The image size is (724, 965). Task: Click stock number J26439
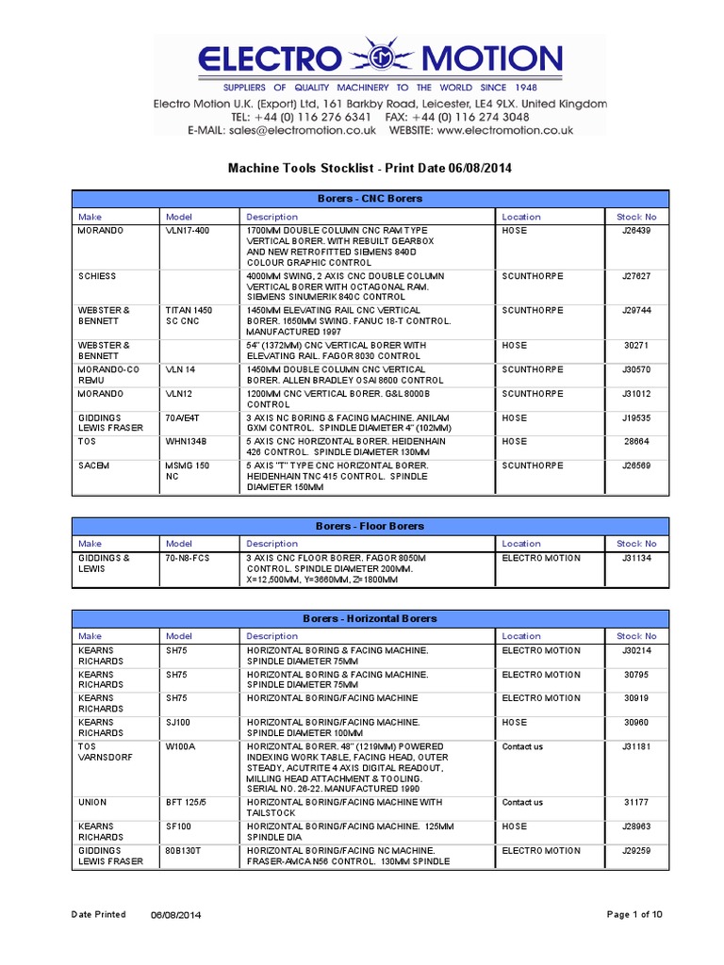(x=637, y=230)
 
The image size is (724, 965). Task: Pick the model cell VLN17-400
(x=188, y=230)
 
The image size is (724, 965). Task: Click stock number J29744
(x=637, y=309)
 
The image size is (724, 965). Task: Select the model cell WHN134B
(x=187, y=441)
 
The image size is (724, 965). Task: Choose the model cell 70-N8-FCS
(x=190, y=558)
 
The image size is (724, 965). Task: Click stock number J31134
(x=637, y=558)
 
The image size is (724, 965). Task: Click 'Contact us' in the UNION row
(x=522, y=803)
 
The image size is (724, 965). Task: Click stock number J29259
(x=637, y=850)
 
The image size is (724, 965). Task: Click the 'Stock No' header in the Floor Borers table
(x=637, y=544)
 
